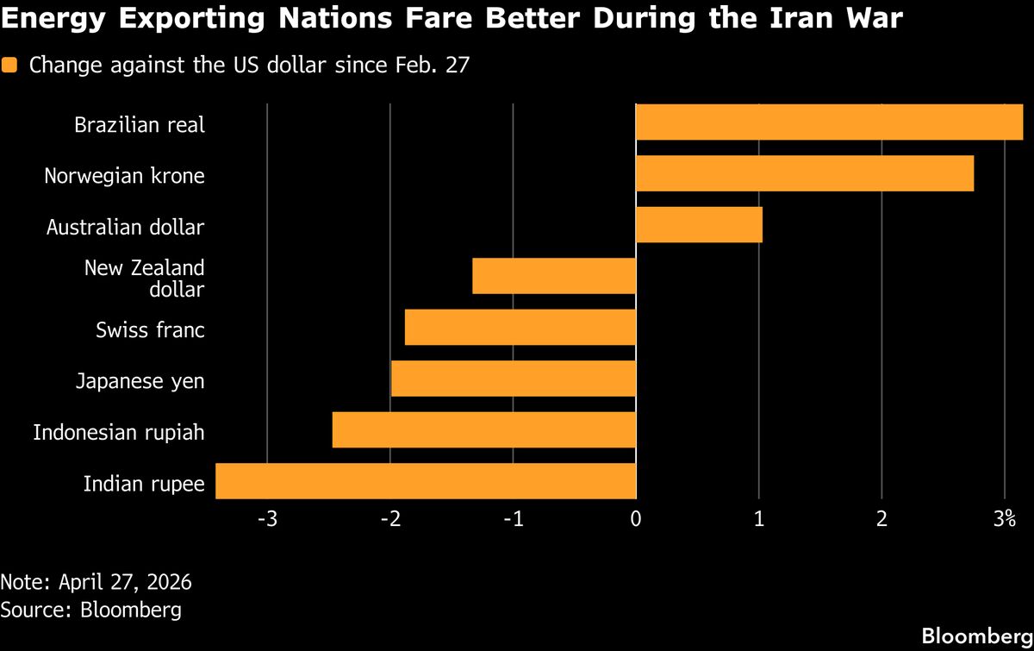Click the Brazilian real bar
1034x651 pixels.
pos(829,122)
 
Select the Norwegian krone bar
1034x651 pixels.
pos(804,173)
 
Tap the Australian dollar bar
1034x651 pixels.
pos(699,225)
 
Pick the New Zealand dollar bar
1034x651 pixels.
pos(554,276)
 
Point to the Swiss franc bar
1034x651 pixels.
pos(520,328)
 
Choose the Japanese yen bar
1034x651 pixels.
pos(513,379)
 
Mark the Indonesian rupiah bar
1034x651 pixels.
pos(483,429)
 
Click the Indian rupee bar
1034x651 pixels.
pos(425,481)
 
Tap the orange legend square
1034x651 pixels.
pos(9,65)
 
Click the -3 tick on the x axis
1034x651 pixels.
pos(268,519)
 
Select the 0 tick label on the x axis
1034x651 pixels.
pos(635,519)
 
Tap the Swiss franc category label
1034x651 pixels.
pos(150,329)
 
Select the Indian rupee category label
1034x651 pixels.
pos(143,484)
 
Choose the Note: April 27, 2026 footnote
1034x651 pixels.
pos(96,581)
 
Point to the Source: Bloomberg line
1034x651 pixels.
pos(90,610)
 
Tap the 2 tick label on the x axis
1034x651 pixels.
pos(881,519)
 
